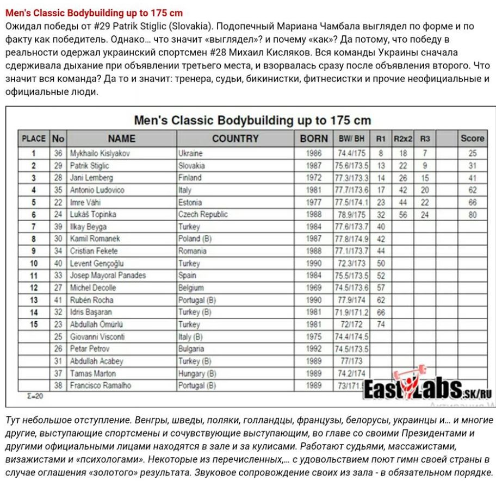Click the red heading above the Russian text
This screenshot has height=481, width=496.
[94, 13]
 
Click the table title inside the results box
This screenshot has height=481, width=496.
[252, 120]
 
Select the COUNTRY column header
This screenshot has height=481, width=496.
[235, 139]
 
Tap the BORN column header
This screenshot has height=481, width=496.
[314, 139]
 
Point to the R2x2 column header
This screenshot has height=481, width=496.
[403, 139]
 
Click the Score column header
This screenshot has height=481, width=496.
[472, 139]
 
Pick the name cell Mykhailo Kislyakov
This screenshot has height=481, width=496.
[100, 153]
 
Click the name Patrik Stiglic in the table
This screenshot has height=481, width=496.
[89, 166]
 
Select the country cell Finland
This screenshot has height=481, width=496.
[190, 178]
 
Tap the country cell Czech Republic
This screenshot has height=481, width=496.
[203, 214]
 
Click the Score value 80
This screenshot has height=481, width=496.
[472, 215]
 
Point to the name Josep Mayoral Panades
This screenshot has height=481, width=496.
[108, 275]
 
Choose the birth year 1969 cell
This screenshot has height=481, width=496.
[314, 288]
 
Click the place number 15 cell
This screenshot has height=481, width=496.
[34, 324]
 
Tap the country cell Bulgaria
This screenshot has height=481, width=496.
[191, 348]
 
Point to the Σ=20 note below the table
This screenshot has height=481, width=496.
[35, 397]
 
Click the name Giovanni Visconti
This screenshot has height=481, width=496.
[97, 336]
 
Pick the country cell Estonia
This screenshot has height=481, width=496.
[190, 202]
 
